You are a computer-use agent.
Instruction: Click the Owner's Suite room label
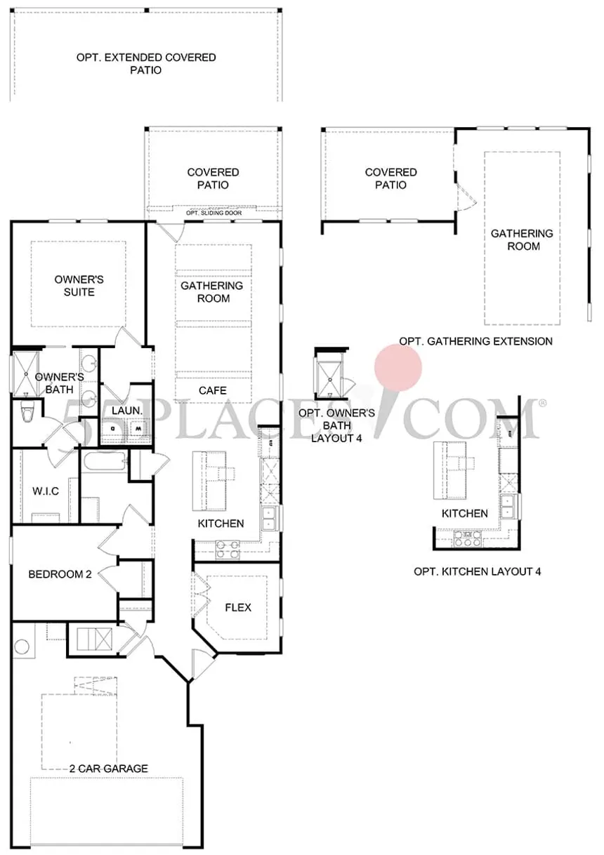pos(79,286)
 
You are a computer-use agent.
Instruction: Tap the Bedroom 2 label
pos(60,574)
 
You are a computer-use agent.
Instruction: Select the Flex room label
pos(238,607)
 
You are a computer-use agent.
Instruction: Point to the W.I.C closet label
pos(46,491)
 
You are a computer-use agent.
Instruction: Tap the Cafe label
pos(213,390)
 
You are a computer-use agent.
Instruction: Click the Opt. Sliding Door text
pos(214,213)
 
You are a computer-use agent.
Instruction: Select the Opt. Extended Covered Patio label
pos(146,64)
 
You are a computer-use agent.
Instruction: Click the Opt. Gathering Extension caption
pos(475,341)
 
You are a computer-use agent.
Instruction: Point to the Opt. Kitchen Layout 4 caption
pos(478,571)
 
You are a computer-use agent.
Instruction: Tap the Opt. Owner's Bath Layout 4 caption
pos(336,425)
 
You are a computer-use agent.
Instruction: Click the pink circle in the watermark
pos(398,367)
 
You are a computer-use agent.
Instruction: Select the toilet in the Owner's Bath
pos(27,411)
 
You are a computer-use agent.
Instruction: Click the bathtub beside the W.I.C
pos(104,462)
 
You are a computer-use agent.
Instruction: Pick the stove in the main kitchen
pos(228,550)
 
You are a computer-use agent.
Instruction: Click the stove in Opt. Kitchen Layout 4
pos(468,539)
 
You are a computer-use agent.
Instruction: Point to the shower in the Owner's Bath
pos(26,374)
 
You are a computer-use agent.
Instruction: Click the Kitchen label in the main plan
pos(221,523)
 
